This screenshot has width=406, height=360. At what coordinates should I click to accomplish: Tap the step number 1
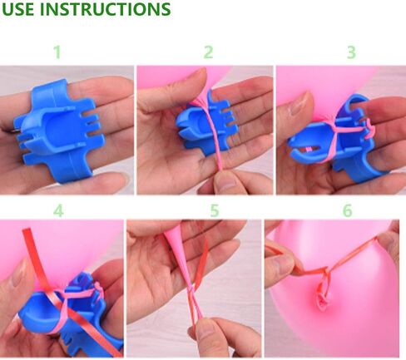57,52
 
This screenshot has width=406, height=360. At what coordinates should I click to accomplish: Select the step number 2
208,52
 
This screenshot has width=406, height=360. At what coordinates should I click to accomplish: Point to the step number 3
351,52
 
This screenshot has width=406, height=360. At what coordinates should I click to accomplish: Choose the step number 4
58,210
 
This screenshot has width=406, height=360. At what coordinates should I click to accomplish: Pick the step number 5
215,210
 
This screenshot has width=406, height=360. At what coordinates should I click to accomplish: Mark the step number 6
348,210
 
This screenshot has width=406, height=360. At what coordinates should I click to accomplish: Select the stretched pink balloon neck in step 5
181,258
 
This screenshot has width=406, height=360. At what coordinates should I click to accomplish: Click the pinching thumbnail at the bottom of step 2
225,180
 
